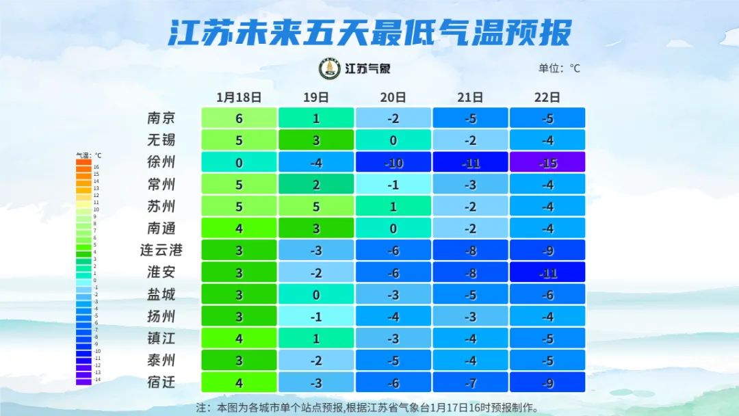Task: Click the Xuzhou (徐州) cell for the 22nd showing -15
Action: [x=547, y=162]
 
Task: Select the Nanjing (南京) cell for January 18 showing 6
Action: [x=239, y=118]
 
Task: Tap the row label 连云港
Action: [x=161, y=250]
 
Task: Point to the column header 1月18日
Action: [x=239, y=97]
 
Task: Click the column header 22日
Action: [x=547, y=97]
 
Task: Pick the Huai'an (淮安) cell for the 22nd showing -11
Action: [x=547, y=272]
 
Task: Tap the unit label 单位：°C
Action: [x=559, y=68]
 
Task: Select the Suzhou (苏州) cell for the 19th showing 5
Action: [x=315, y=206]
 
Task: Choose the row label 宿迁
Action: [x=161, y=382]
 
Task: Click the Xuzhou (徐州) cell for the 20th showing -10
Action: [x=393, y=162]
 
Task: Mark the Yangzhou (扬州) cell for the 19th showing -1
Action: [x=315, y=316]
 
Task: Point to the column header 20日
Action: [x=393, y=97]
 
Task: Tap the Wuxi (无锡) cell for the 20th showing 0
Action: [x=393, y=140]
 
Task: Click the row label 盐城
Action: [x=161, y=294]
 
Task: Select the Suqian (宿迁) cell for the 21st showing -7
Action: [x=470, y=382]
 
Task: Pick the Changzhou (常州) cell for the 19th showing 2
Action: [x=315, y=184]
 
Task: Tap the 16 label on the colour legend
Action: [x=96, y=167]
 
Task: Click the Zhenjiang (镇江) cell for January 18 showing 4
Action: [x=239, y=338]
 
